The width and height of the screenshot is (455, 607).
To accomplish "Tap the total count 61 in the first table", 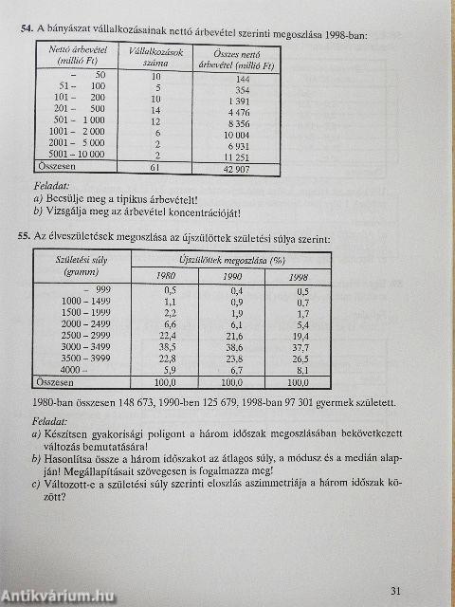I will click(155, 167).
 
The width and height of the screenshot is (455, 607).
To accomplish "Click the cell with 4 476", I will click(237, 113).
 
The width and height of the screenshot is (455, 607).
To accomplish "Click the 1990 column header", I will click(233, 275).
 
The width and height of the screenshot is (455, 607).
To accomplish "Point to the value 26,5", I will click(300, 359).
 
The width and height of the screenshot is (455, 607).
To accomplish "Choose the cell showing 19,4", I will click(300, 336).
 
